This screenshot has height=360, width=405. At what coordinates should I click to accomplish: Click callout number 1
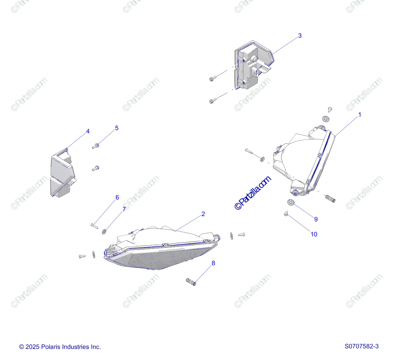pos(359,115)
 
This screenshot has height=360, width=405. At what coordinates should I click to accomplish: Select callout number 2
pos(203,214)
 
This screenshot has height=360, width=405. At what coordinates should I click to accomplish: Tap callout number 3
pos(300,36)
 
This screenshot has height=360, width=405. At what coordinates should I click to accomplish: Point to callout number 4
pos(88,131)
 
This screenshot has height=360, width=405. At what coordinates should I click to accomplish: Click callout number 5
pos(117,128)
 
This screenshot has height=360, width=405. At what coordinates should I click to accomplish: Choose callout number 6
pos(117,198)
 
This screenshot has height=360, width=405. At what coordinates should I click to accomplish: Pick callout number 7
pos(124,209)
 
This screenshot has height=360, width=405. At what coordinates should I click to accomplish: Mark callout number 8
pos(213,263)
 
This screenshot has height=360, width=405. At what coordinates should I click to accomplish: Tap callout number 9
pos(316,219)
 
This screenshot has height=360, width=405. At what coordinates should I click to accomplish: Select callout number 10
pos(314,234)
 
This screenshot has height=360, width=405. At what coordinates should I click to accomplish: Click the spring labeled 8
pos(191,281)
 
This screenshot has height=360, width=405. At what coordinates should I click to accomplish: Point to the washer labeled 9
pos(291,203)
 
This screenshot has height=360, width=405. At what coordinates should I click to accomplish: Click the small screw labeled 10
pos(286,213)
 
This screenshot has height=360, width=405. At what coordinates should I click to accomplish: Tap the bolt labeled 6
pos(94,225)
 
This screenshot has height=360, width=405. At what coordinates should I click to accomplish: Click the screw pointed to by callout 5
pos(96,146)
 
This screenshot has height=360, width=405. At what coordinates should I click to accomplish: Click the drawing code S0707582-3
pos(361,346)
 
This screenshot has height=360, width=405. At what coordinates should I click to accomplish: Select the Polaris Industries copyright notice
pos(60,347)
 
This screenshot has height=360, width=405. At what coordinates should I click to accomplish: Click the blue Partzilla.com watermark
pos(253,193)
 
